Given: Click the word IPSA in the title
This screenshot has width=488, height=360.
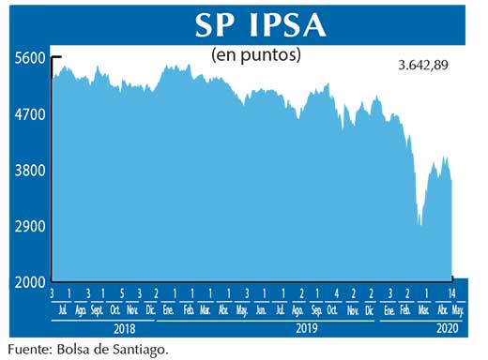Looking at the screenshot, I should click(282, 26).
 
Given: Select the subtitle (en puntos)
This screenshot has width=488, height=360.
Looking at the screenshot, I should click(255, 54).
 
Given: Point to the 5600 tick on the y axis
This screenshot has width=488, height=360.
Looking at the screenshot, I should click(31, 57).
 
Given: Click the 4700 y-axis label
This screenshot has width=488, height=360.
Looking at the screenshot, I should click(31, 114).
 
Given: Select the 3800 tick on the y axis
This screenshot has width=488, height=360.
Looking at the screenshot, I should click(31, 171).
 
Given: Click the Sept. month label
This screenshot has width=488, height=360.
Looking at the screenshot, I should click(97, 310).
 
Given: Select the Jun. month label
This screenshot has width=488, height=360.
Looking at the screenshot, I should click(261, 310).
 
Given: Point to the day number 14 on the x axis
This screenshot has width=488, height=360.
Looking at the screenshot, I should click(452, 294).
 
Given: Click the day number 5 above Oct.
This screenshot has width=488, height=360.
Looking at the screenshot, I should click(121, 294).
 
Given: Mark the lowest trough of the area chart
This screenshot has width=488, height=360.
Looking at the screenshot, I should click(420, 225).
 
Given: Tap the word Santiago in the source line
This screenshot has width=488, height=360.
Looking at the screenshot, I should click(143, 349).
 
